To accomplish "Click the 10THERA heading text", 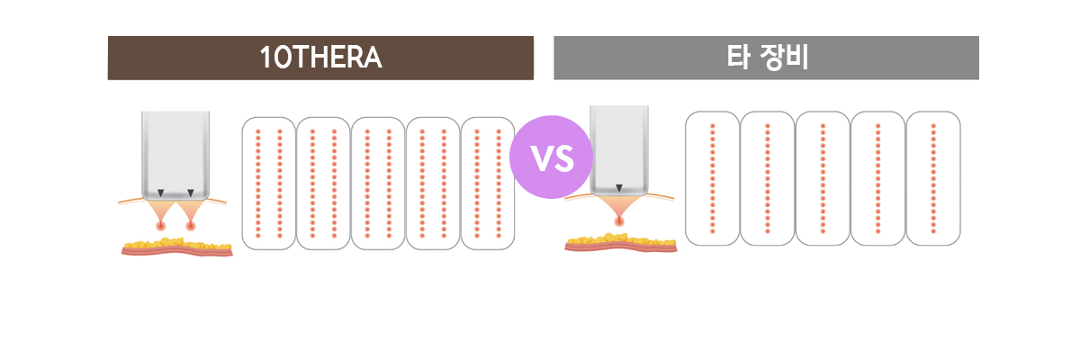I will (x=320, y=58).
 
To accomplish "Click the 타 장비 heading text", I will (x=767, y=58).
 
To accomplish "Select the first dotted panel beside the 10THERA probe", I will (x=268, y=183).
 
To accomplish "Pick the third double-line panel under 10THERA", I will (x=378, y=183).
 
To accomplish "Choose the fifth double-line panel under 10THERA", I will (x=487, y=183).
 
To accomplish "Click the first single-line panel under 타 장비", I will (x=712, y=178).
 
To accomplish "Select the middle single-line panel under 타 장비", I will (x=823, y=178).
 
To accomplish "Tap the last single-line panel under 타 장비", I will (x=933, y=178).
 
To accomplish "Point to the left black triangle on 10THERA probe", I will (x=160, y=193).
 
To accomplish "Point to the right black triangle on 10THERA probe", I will (x=191, y=193).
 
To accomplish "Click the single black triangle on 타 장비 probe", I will (x=619, y=188).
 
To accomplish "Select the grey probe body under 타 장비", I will (x=619, y=144).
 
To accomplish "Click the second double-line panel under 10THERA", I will (x=323, y=183).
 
